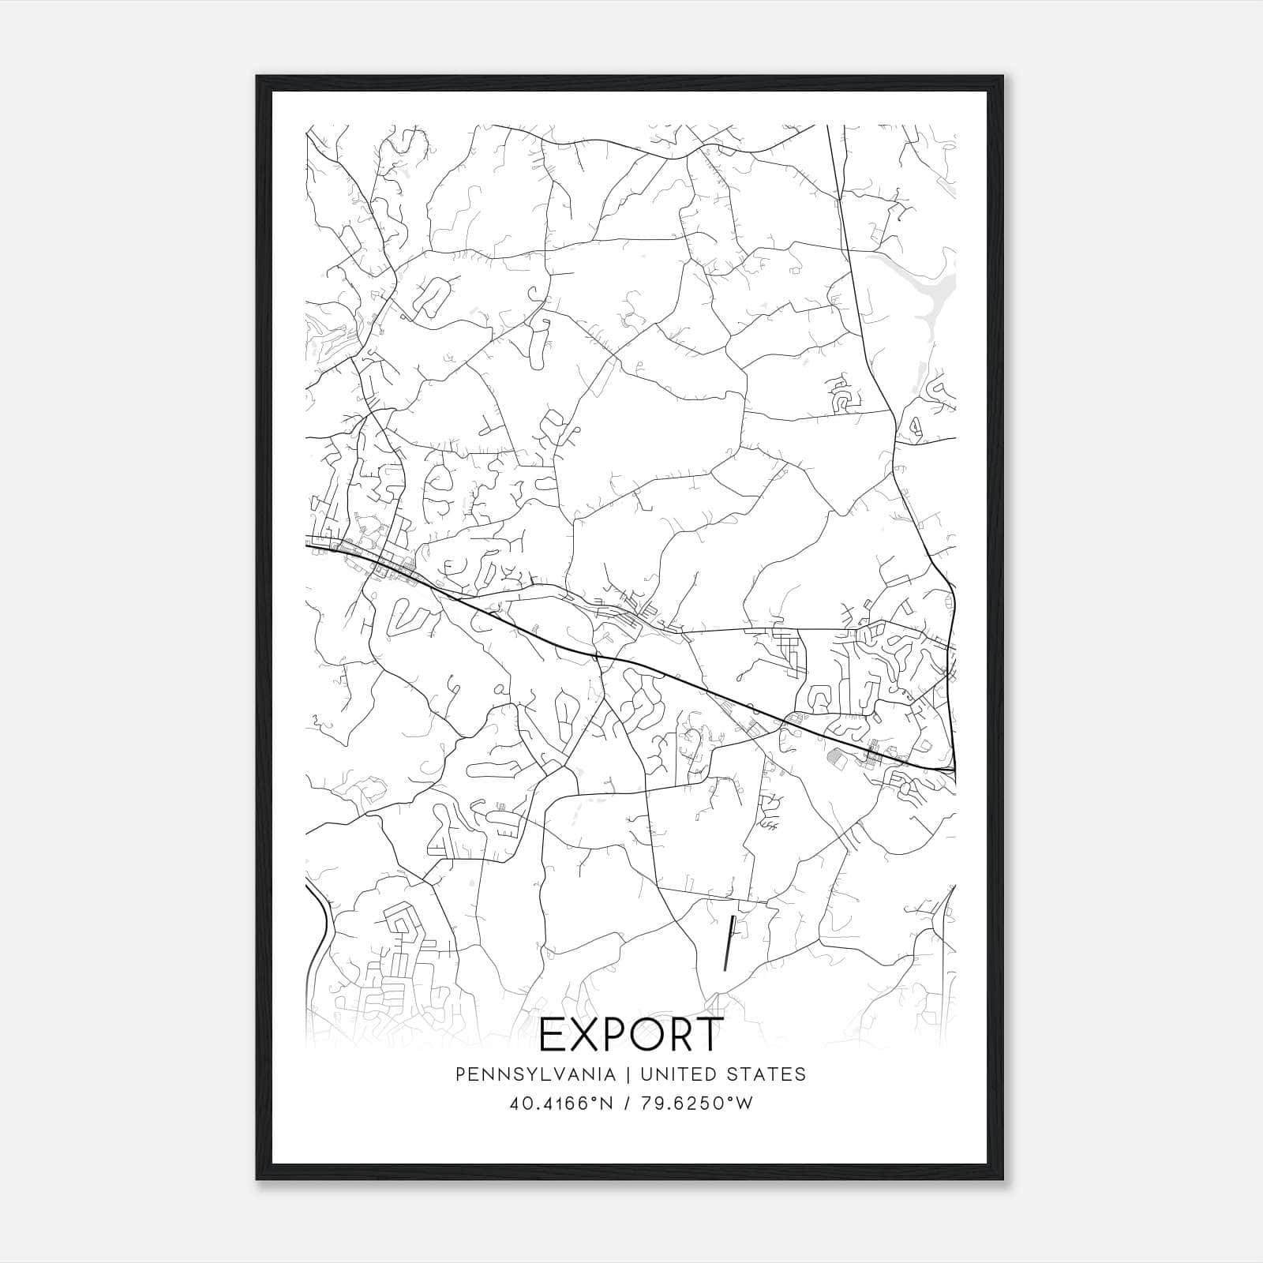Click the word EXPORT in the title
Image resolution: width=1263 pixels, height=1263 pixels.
click(x=631, y=1034)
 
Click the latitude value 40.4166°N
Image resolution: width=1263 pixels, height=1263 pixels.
click(x=561, y=1103)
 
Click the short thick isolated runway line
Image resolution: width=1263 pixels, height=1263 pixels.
click(x=729, y=943)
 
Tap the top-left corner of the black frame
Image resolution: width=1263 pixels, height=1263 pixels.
click(x=258, y=77)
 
